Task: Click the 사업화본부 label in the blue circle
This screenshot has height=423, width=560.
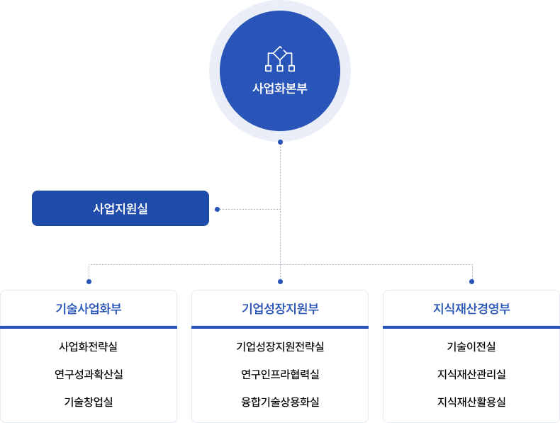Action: (x=280, y=89)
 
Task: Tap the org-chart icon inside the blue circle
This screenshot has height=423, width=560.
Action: (x=280, y=60)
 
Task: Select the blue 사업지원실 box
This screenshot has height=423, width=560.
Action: (x=121, y=208)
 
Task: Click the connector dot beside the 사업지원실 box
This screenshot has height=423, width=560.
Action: (x=217, y=209)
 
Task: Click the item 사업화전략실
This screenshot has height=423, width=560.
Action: (x=89, y=347)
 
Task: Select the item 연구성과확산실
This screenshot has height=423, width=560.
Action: (x=89, y=374)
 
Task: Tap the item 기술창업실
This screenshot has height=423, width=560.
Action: (x=89, y=402)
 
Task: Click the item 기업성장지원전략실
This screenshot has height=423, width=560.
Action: (x=280, y=347)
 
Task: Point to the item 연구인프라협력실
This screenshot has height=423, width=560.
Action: (x=280, y=374)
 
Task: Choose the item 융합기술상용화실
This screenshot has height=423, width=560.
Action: (x=280, y=402)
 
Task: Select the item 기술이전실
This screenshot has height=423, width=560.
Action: (x=471, y=347)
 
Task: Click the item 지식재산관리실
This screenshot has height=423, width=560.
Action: (x=471, y=374)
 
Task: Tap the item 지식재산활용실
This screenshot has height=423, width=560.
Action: (x=471, y=402)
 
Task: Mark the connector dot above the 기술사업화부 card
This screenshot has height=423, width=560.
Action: (x=89, y=281)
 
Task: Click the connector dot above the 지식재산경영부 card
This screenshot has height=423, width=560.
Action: (x=471, y=281)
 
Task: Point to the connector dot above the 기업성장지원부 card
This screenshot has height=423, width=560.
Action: (x=280, y=281)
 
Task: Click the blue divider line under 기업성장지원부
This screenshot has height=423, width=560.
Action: (x=280, y=327)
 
